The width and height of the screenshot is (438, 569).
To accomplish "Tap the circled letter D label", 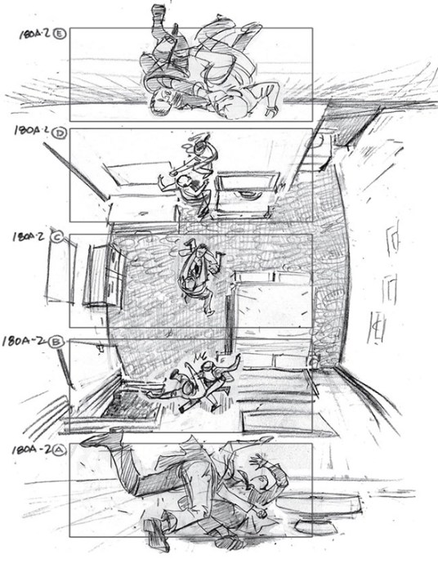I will pyautogui.click(x=60, y=131).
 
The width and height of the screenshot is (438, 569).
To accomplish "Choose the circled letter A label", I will pyautogui.click(x=60, y=448).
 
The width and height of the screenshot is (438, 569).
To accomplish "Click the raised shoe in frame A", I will pyautogui.click(x=96, y=440).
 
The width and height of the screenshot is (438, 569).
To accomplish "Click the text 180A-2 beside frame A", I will pyautogui.click(x=29, y=450).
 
